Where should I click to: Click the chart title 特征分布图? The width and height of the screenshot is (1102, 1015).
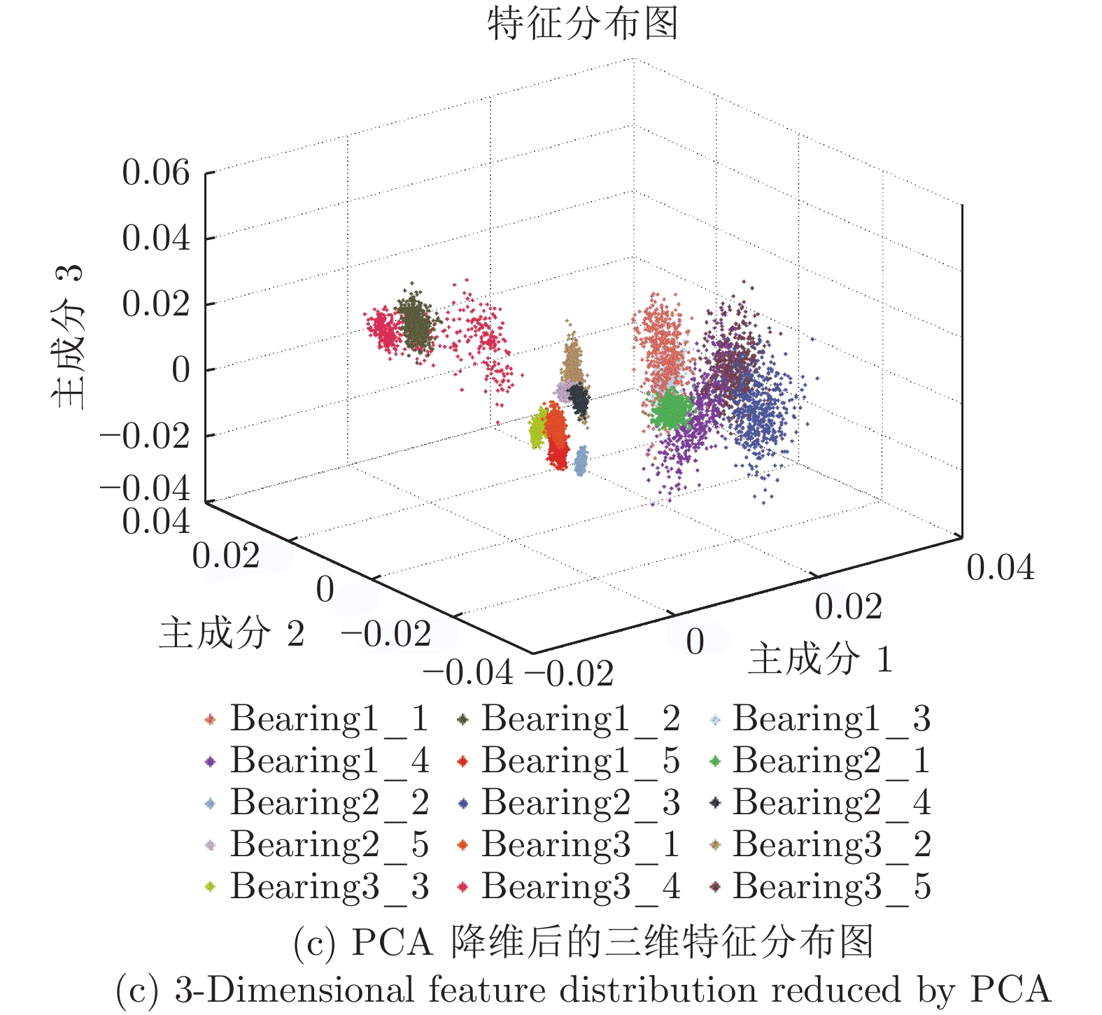583,23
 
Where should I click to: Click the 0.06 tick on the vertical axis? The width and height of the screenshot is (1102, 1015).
155,172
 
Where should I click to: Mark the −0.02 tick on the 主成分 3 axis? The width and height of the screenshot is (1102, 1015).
146,436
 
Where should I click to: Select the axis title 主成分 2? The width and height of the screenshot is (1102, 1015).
232,633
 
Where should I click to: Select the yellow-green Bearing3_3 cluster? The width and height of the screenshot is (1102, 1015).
537,430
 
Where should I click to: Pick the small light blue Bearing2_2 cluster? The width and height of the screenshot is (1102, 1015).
581,462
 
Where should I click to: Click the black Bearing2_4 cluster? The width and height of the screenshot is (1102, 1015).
579,399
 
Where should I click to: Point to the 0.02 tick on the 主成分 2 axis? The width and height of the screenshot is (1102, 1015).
225,556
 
